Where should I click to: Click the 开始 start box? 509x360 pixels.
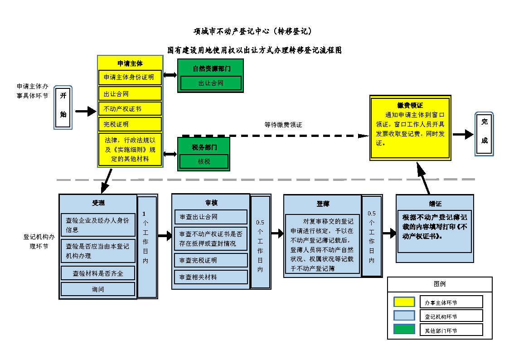coord(63,107)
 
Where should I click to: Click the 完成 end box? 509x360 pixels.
coord(484,134)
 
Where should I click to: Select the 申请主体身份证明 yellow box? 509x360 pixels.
coord(130,78)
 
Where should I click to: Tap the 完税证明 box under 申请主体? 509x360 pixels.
coord(130,124)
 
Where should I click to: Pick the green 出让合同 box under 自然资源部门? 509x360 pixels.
coord(211,83)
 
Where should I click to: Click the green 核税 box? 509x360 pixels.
coord(204,161)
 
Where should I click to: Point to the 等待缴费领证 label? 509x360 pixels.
coord(283,125)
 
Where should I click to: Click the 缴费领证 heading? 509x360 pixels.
coord(410,105)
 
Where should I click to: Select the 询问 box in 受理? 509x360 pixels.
coord(98,289)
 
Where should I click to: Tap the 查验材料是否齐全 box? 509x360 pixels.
coord(98,273)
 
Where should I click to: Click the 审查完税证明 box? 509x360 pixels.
coord(211,260)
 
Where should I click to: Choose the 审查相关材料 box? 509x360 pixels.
coord(211,277)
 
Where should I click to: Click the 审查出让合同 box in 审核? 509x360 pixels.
coord(211,217)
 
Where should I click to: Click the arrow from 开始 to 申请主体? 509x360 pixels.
coord(85,111)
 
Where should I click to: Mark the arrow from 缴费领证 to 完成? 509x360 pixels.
coord(463,134)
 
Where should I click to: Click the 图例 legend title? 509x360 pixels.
coord(440,284)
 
